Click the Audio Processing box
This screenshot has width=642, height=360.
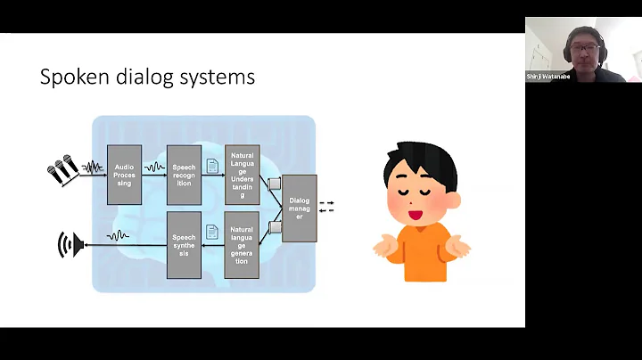(124, 175)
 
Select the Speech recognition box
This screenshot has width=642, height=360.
(184, 175)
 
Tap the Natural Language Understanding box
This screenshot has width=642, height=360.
(242, 175)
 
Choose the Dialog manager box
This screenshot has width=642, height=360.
(299, 209)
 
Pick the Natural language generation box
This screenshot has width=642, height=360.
(242, 244)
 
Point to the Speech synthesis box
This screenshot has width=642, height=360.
(184, 244)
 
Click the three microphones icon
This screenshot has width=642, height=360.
(62, 169)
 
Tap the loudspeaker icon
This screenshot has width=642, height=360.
(70, 244)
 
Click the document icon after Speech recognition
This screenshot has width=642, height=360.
(212, 165)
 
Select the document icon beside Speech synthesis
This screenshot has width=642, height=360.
(212, 232)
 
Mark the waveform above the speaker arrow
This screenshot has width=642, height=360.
(118, 235)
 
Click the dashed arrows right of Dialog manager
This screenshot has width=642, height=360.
(326, 207)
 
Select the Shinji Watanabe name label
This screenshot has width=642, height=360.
(548, 77)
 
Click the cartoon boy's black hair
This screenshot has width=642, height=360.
(420, 160)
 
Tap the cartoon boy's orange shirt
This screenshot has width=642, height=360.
(420, 258)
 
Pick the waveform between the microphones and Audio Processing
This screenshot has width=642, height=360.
(92, 167)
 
